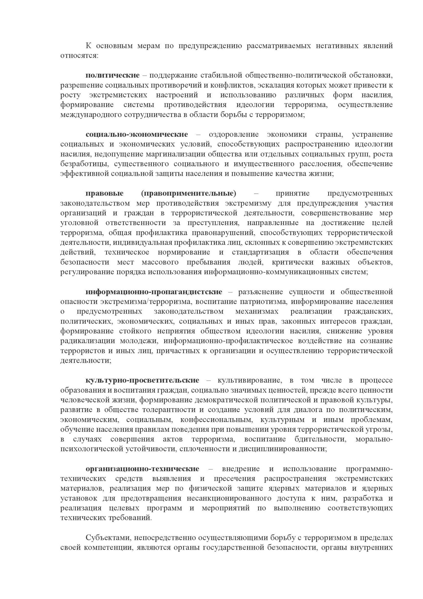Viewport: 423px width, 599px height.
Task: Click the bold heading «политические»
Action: coord(112,75)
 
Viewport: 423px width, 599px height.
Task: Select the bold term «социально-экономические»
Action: coord(137,134)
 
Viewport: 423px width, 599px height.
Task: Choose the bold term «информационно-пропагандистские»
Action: coord(154,292)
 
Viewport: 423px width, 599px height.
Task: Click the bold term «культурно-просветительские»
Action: coord(142,380)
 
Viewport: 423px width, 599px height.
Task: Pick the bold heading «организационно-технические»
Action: coord(142,469)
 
